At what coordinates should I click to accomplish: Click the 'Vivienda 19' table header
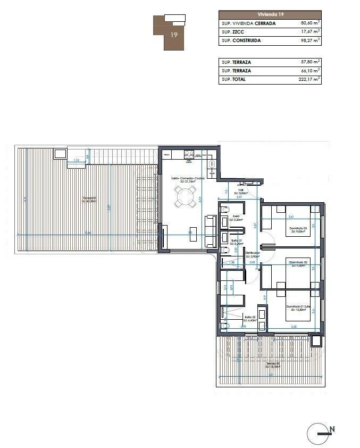270,15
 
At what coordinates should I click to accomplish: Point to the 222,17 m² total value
309,79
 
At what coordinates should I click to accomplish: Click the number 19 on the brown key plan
174,35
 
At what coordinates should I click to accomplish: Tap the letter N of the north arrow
332,429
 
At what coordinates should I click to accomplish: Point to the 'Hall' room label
240,189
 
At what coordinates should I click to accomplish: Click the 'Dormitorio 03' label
297,228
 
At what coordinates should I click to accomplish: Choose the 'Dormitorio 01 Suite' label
297,306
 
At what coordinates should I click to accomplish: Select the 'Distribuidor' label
253,253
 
